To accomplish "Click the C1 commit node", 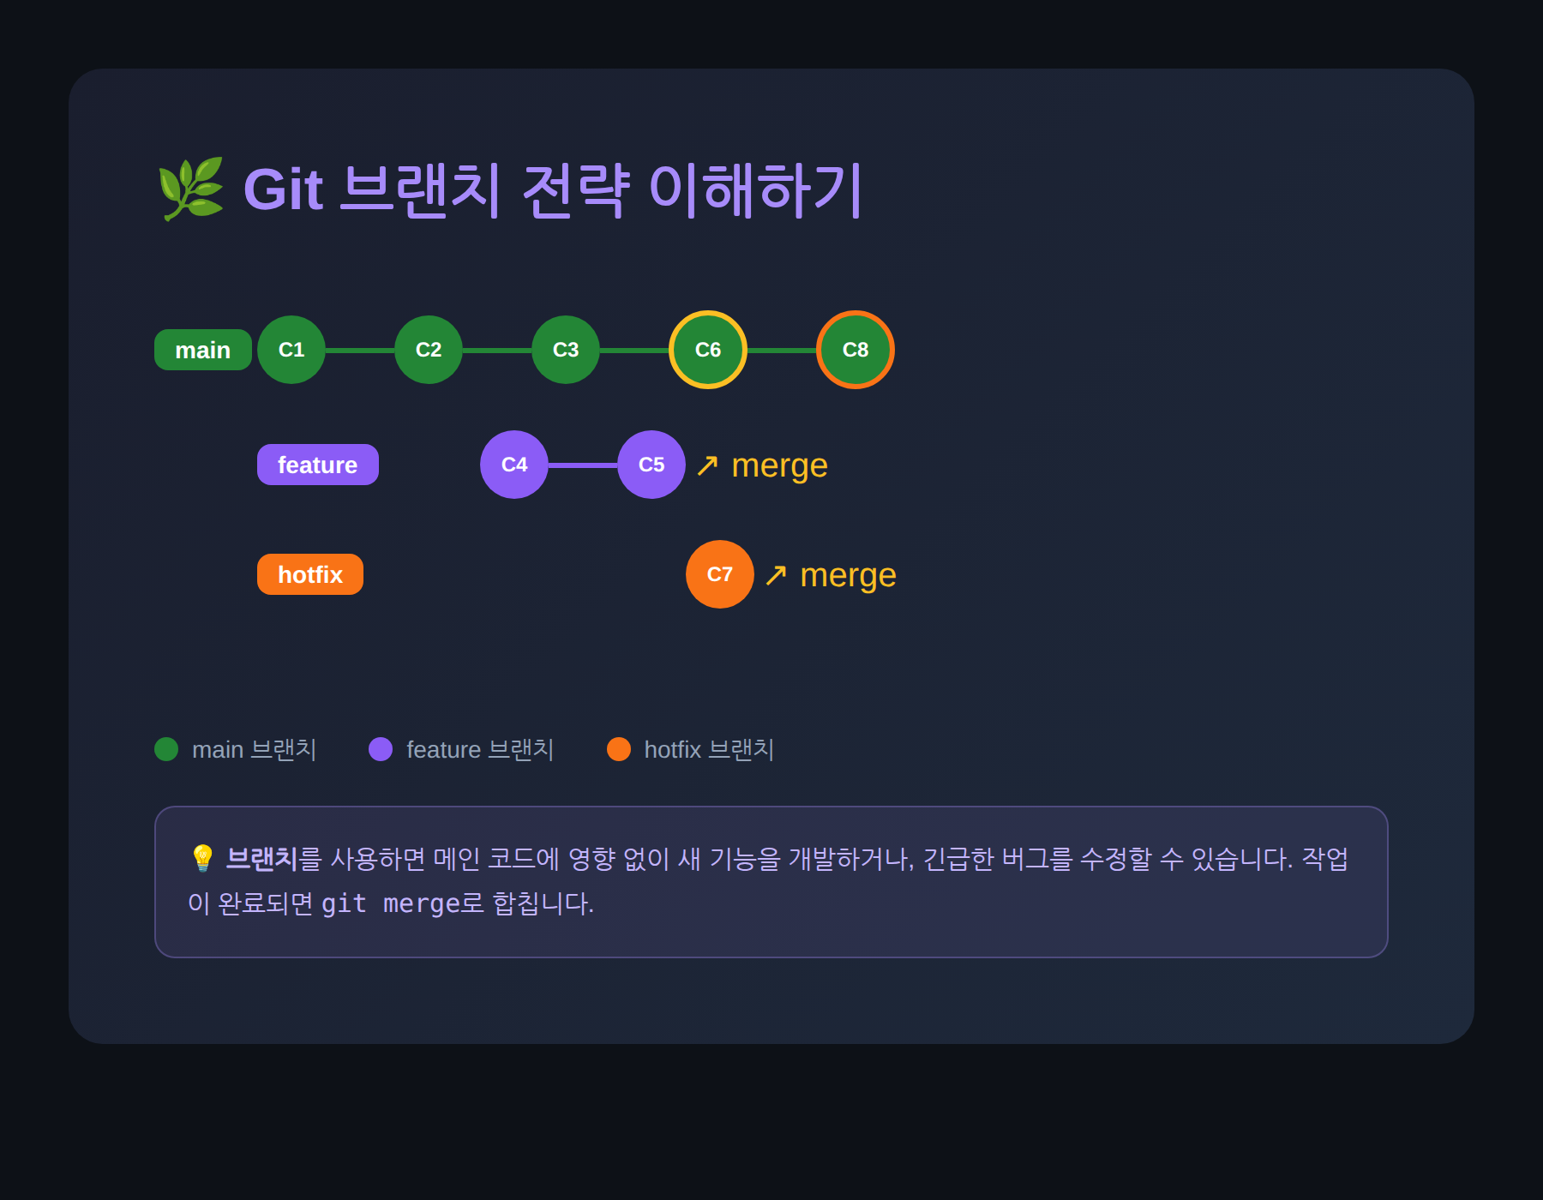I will point(291,350).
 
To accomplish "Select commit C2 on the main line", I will point(429,350).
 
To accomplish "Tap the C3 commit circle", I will point(566,350).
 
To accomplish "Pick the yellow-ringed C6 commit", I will point(708,350).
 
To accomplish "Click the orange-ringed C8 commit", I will point(856,350).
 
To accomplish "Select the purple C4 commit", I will point(514,465).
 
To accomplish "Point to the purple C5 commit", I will point(651,465).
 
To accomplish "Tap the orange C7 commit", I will point(720,574).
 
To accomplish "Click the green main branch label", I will point(203,350).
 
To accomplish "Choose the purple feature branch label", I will point(318,465).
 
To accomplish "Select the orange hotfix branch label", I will point(310,574).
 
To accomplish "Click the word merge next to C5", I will point(779,465).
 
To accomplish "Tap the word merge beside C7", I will point(848,575).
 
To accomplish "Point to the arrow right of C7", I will point(776,575).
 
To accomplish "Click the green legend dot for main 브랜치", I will point(166,749).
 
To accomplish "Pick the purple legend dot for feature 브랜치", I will point(381,749).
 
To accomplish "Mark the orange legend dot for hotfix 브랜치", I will point(619,749).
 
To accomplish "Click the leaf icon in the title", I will point(190,189).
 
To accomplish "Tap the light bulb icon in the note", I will point(202,858).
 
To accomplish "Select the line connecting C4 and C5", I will point(583,465).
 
